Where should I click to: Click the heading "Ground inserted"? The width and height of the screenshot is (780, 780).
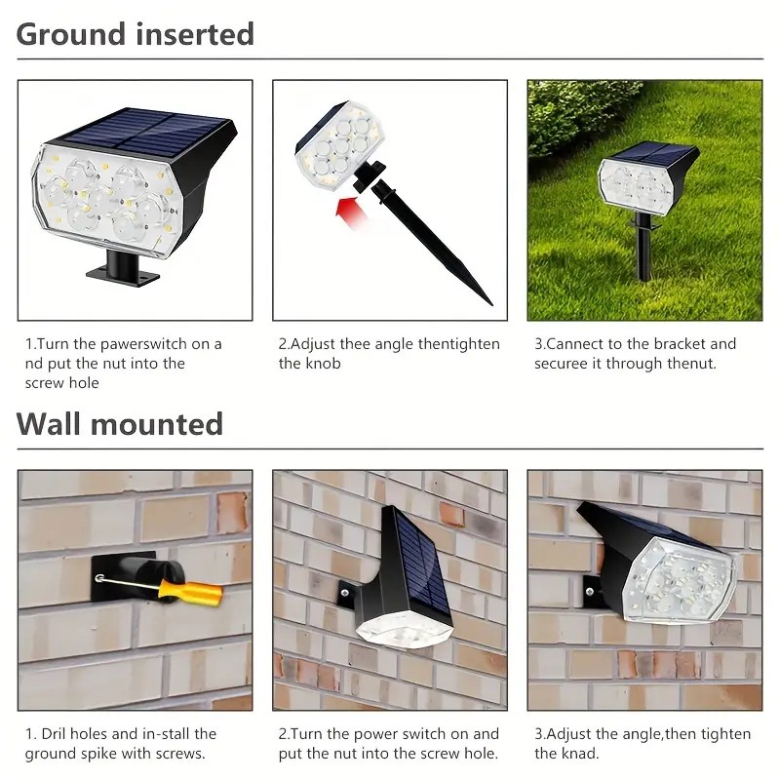tap(136, 34)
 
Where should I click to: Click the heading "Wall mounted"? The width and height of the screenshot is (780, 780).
tap(119, 424)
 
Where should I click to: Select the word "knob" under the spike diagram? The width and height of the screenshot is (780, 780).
tap(324, 364)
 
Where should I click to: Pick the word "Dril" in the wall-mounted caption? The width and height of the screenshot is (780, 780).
tap(52, 734)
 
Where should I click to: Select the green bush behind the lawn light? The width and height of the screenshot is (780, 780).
tap(582, 117)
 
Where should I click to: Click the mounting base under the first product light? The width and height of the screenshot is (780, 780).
tap(123, 270)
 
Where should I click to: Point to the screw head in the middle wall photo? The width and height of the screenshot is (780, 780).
tap(344, 593)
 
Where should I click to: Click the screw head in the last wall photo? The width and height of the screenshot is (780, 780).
tap(590, 592)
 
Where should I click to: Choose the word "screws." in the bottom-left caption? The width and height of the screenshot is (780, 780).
tap(180, 754)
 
